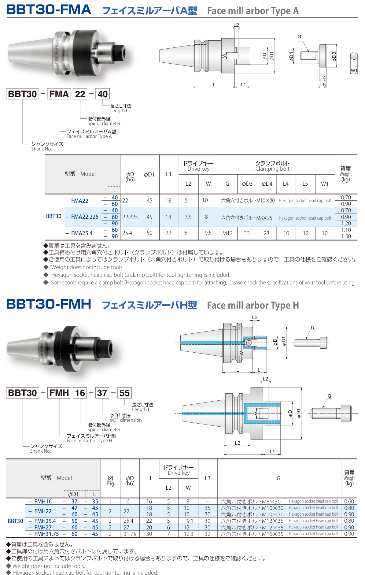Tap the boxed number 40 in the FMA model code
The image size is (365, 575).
102,94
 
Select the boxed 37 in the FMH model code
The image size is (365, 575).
102,393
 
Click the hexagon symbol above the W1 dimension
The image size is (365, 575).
354,56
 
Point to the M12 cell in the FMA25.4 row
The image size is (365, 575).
227,233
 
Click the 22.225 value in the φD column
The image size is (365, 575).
130,217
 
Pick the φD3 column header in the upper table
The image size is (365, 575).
247,184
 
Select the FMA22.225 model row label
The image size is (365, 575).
85,217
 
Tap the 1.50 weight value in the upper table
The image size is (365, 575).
346,236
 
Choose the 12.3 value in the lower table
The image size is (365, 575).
188,534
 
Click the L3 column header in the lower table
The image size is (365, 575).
208,478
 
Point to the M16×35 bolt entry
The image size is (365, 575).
252,534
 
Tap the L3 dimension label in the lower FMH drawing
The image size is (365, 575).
238,443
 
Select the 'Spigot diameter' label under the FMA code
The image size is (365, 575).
104,124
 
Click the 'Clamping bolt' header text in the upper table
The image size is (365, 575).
272,169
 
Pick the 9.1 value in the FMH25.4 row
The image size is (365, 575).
190,521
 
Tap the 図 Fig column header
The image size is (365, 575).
110,481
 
